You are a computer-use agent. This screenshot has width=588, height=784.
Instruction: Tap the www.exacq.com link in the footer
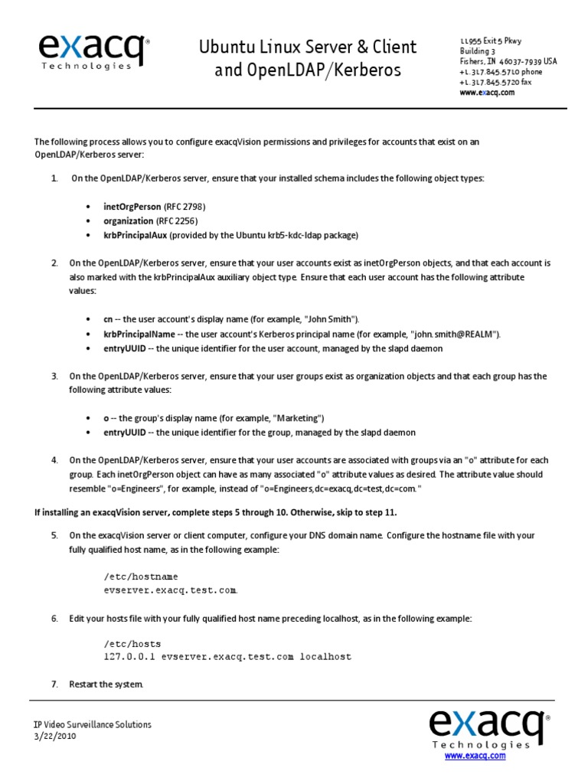[475, 756]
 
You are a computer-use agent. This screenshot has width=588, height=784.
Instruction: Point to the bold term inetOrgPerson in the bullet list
[132, 207]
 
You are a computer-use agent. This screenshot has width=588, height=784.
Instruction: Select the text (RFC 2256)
[178, 220]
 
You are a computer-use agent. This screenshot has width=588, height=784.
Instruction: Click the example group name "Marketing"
[299, 418]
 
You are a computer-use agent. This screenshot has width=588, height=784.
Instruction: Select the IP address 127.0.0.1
[129, 657]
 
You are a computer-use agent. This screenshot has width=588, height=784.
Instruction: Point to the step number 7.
[54, 684]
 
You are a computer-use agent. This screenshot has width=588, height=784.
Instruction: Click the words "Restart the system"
[106, 684]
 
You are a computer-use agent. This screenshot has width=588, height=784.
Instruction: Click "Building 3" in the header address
[478, 51]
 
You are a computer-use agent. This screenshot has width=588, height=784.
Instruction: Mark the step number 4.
[54, 460]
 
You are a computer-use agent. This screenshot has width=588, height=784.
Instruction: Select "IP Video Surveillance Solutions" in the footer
[92, 724]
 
